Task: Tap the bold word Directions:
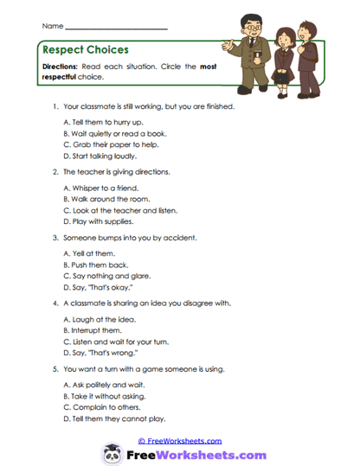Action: point(62,67)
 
